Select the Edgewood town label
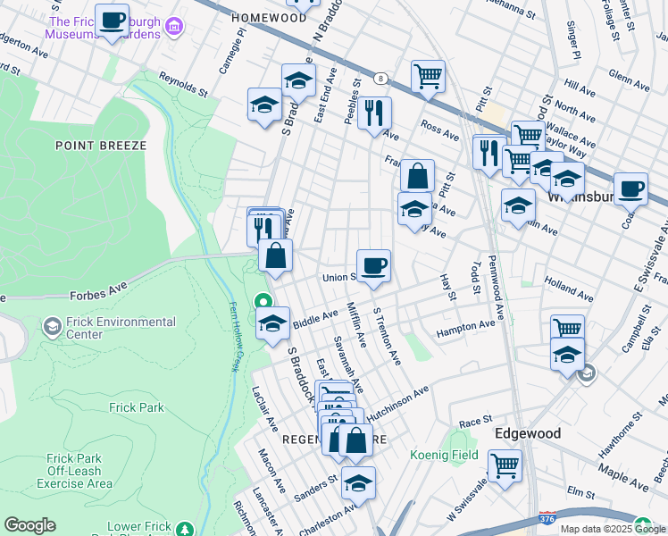(528, 433)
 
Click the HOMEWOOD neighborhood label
(268, 17)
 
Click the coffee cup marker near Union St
(373, 265)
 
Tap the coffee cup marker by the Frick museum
(112, 21)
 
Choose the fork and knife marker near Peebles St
(374, 113)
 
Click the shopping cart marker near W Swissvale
(505, 466)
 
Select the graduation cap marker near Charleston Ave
(358, 483)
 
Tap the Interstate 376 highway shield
(547, 518)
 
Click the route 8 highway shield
(380, 79)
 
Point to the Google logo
(29, 525)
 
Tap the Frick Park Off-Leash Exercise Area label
(75, 471)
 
